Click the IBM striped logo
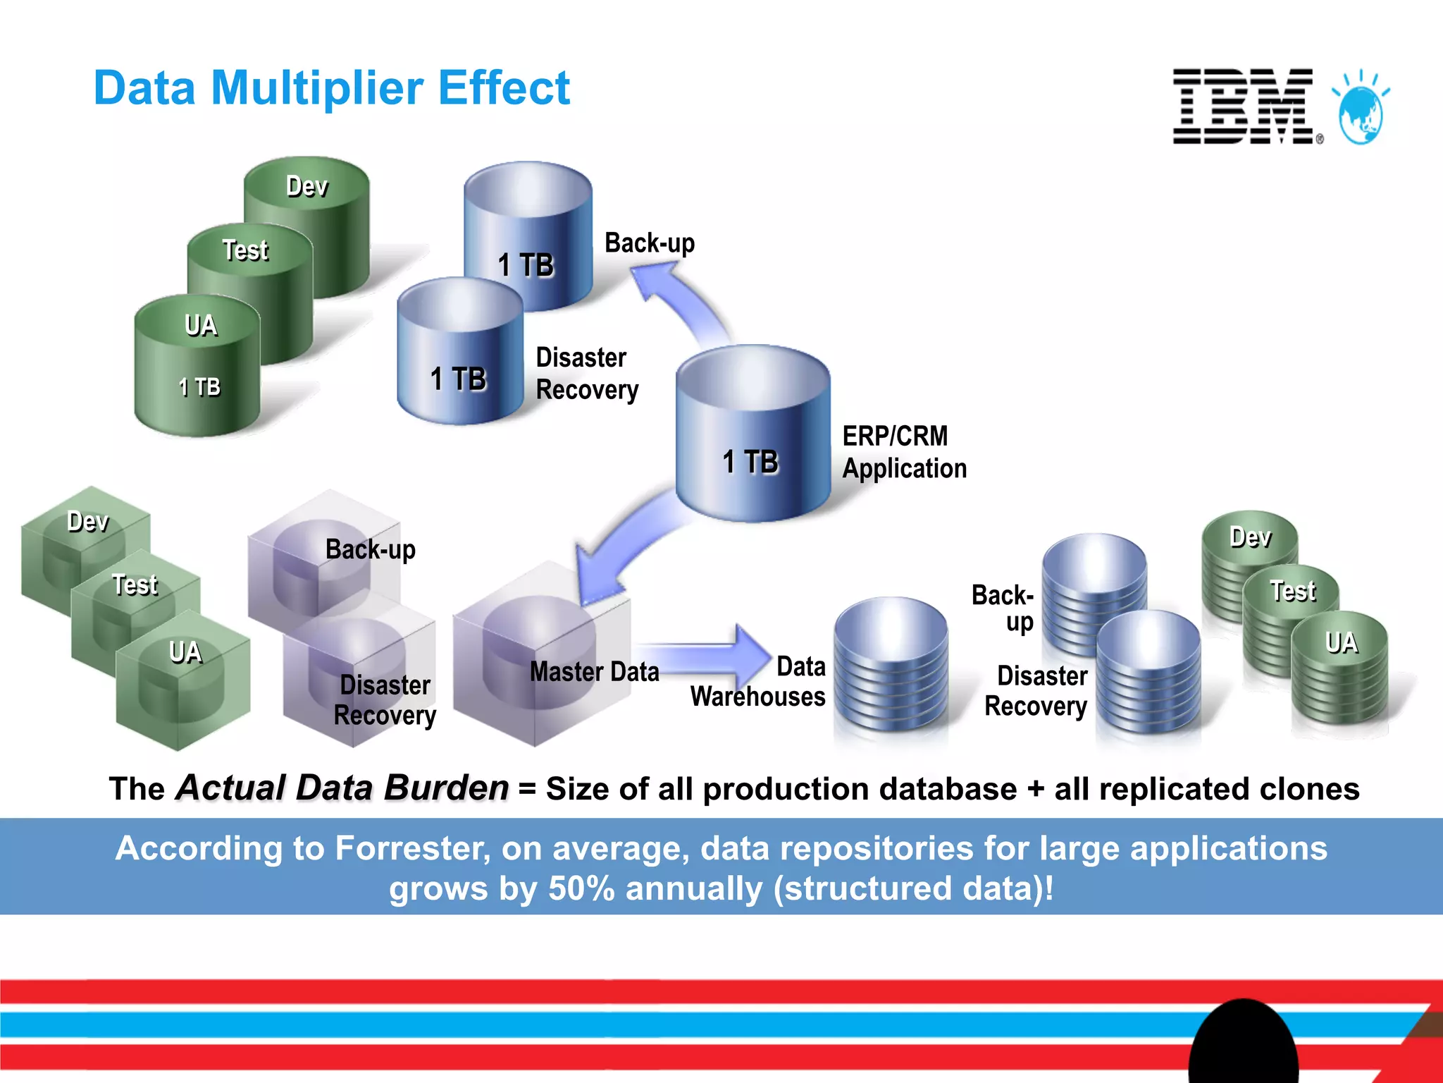click(x=1243, y=106)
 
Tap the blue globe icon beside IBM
click(x=1361, y=113)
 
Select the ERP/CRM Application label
click(x=904, y=452)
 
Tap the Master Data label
click(x=594, y=672)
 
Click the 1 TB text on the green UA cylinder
click(x=199, y=387)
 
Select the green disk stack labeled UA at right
click(x=1340, y=666)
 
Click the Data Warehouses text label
click(x=758, y=682)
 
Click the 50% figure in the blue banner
click(x=581, y=888)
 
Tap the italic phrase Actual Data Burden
click(x=342, y=788)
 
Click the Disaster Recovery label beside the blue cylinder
click(x=586, y=374)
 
